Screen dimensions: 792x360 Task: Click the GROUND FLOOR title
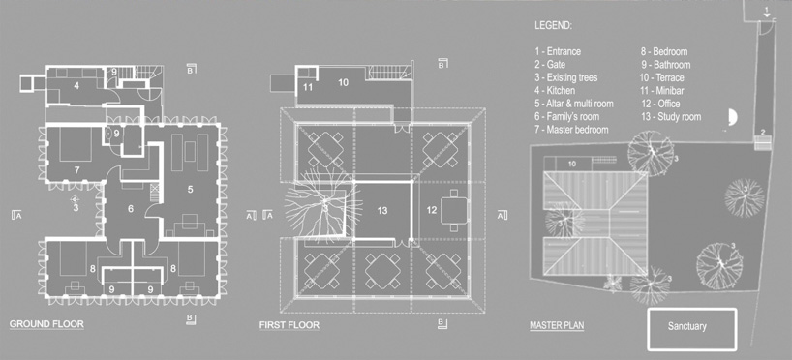pyautogui.click(x=46, y=324)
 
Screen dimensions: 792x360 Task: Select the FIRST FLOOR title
pyautogui.click(x=289, y=325)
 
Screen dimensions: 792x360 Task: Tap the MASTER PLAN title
pyautogui.click(x=557, y=325)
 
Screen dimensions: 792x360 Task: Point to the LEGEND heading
pyautogui.click(x=553, y=26)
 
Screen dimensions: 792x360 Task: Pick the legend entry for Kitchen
pyautogui.click(x=555, y=91)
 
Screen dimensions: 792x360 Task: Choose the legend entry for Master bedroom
pyautogui.click(x=572, y=130)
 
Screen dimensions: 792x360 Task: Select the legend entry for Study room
pyautogui.click(x=670, y=117)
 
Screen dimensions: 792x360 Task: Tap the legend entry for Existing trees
pyautogui.click(x=566, y=77)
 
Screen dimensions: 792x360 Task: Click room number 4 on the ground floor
pyautogui.click(x=76, y=86)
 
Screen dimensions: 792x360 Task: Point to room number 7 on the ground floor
pyautogui.click(x=76, y=170)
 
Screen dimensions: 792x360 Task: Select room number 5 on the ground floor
pyautogui.click(x=191, y=190)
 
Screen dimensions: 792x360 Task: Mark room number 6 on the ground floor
pyautogui.click(x=131, y=208)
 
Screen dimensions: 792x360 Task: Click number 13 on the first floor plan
pyautogui.click(x=382, y=210)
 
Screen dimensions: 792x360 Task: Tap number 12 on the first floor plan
pyautogui.click(x=432, y=210)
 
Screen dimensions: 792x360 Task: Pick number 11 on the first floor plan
pyautogui.click(x=308, y=87)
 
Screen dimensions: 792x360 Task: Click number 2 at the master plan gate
pyautogui.click(x=763, y=132)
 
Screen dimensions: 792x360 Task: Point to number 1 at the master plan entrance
pyautogui.click(x=767, y=10)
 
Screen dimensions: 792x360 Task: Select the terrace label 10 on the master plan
pyautogui.click(x=572, y=164)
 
